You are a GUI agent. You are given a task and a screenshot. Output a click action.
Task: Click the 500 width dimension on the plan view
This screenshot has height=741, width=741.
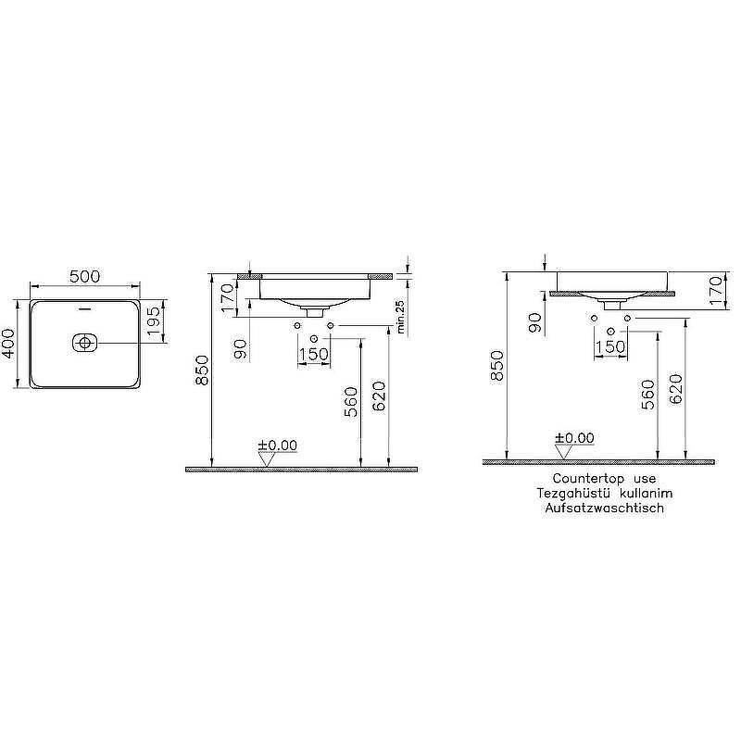pos(85,276)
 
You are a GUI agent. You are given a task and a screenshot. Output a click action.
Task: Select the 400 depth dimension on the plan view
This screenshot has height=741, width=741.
pos(8,344)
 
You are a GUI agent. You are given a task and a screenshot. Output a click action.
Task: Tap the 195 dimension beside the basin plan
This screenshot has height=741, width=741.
pos(155,320)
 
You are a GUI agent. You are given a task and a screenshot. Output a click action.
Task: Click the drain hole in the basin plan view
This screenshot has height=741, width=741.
pos(84,342)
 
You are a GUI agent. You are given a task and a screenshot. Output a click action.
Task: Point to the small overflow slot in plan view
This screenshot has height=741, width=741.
pos(85,310)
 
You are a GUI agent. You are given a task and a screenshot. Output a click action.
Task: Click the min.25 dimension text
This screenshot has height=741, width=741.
pos(401,318)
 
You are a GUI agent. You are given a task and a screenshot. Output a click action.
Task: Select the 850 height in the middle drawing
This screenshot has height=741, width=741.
pos(202,370)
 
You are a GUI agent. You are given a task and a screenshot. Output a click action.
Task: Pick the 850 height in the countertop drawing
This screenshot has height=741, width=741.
pos(496,366)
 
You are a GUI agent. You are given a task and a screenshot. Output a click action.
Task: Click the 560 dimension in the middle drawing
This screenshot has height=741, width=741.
pos(351,402)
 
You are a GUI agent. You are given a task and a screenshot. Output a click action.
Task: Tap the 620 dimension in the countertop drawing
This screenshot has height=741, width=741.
pos(676,389)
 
